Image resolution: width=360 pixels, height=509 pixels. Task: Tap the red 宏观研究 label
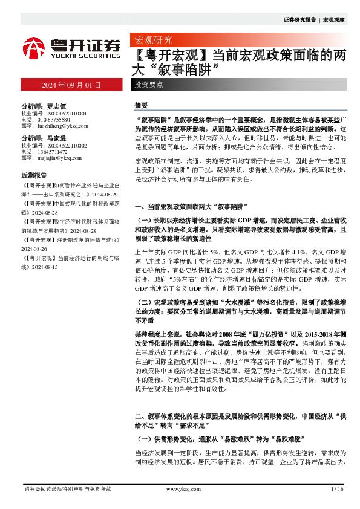point(152,41)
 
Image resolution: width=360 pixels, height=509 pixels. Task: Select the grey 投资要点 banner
point(149,85)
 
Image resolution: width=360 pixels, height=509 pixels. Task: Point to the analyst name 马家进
point(56,139)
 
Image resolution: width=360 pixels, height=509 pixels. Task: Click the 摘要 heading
point(140,105)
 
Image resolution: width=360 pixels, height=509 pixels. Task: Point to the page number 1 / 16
point(338,488)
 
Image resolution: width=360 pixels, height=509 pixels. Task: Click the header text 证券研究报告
point(299,20)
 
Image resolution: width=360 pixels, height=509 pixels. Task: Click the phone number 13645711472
point(51,152)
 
